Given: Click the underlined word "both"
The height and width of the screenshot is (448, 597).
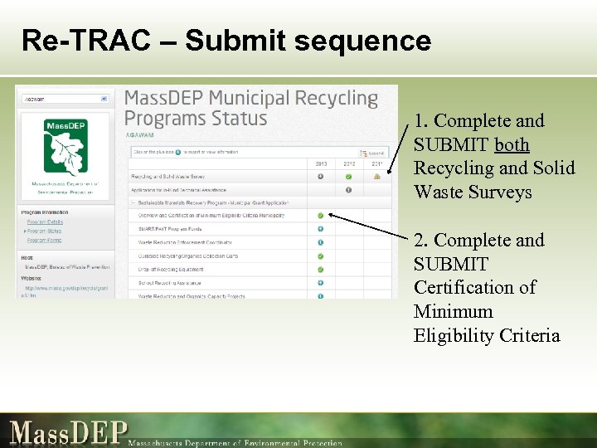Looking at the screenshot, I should (512, 144).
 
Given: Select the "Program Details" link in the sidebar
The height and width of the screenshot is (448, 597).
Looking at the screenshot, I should (45, 222).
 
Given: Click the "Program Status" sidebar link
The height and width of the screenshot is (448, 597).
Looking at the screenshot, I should (44, 231).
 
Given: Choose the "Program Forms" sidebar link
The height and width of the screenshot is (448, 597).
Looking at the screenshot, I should (44, 241).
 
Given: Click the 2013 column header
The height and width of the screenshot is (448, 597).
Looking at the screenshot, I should (320, 163).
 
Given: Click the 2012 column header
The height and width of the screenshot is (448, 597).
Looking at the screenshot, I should (348, 163).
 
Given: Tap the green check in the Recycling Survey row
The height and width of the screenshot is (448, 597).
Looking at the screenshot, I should (348, 177).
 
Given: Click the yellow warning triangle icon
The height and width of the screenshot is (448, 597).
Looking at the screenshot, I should (377, 177).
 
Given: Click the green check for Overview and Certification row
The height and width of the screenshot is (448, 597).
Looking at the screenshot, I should (320, 216).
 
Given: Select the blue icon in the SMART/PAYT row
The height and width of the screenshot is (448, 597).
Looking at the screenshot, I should (320, 229).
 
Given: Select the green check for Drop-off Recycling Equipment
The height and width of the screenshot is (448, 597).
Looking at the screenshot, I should (320, 269).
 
